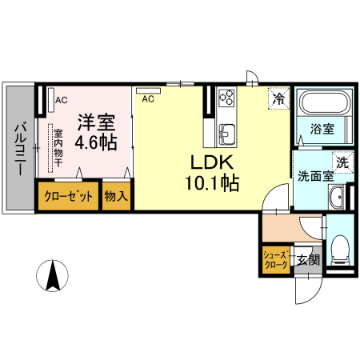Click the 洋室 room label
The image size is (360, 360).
[x=96, y=123]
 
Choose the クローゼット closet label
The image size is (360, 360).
[x=68, y=196]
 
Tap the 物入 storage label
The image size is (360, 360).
[x=117, y=196]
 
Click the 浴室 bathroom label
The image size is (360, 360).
[x=322, y=128]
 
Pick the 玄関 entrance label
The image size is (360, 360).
[x=308, y=259]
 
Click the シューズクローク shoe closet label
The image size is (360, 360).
[x=276, y=259]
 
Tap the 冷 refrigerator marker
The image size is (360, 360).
[x=278, y=99]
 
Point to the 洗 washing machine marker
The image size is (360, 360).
[x=342, y=162]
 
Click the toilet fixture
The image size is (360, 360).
[x=339, y=249]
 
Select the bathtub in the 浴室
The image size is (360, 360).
[x=322, y=103]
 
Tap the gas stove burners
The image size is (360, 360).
[x=226, y=98]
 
